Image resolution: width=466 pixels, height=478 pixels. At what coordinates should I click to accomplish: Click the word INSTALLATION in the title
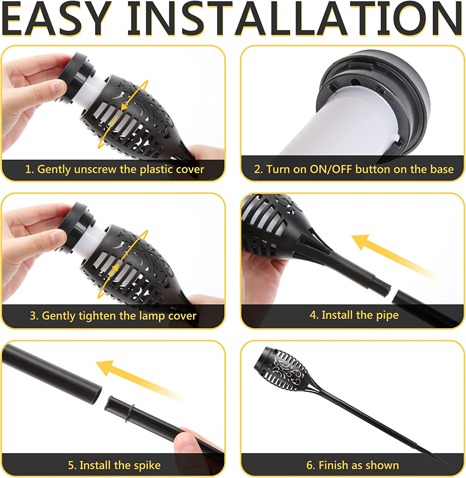tap(295, 20)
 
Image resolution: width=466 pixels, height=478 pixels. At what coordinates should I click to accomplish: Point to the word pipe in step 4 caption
tap(387, 315)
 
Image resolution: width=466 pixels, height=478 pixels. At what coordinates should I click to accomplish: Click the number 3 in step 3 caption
tap(33, 316)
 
